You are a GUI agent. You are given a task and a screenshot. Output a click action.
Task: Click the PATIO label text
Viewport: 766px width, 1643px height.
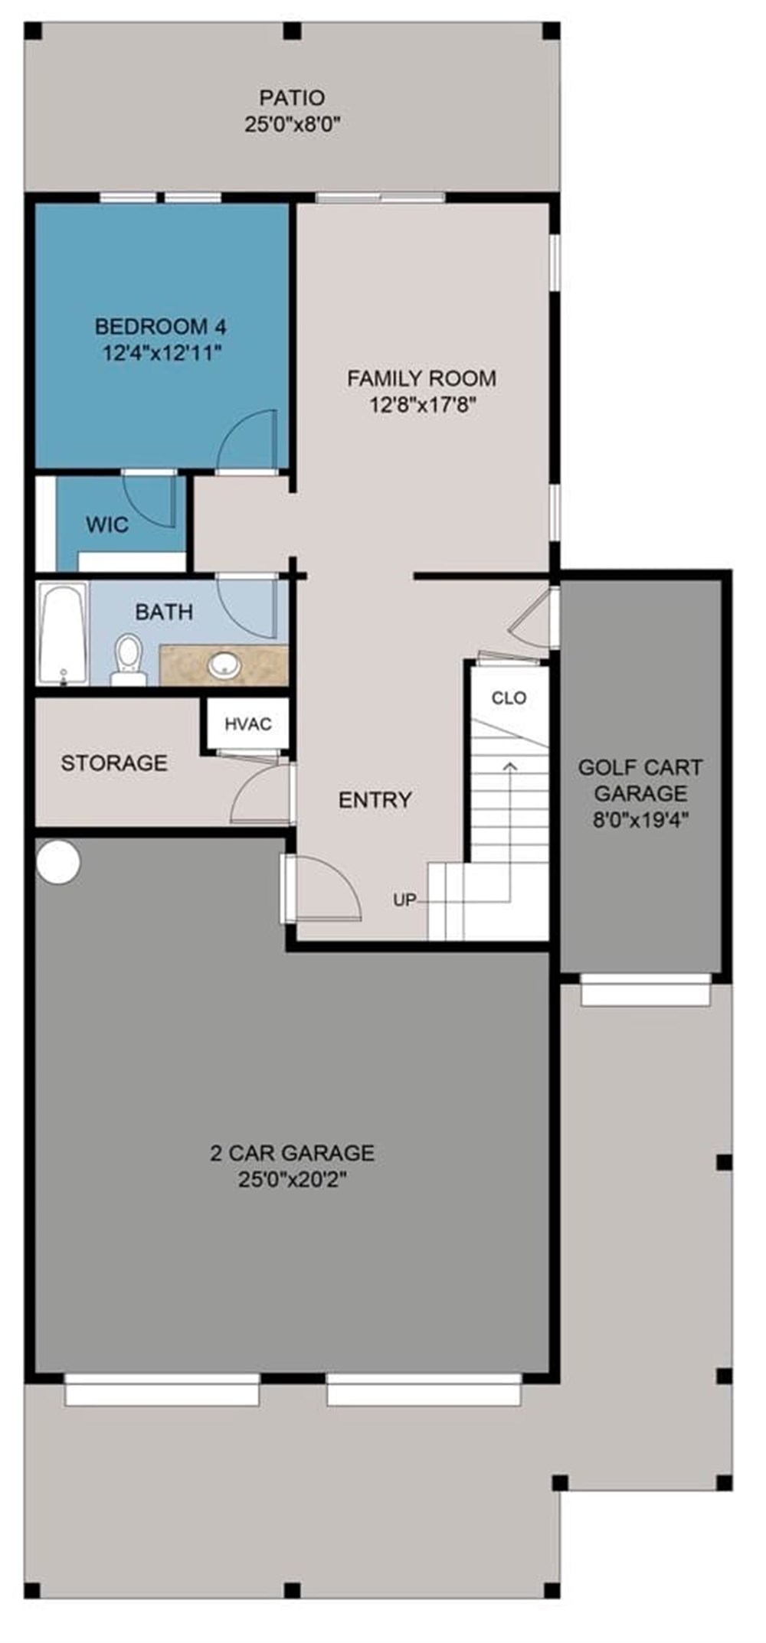coord(291,98)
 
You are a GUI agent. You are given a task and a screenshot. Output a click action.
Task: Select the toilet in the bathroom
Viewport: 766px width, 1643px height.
coord(128,657)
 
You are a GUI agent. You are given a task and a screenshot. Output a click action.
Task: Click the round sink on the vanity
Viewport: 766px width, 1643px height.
coord(224,665)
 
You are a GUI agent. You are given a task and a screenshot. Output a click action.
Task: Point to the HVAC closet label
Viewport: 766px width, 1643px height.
coord(247,724)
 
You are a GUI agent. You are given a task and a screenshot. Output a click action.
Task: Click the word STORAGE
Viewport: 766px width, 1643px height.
coord(114,763)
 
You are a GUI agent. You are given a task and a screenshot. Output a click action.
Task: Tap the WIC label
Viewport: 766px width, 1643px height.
coord(106,525)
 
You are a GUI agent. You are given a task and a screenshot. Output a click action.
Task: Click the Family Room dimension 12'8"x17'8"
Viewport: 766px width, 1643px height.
coord(423,405)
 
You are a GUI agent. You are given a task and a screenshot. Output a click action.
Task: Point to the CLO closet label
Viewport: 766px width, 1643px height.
coord(509,697)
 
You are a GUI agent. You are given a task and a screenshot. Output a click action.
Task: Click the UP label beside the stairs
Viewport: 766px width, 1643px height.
coord(404,900)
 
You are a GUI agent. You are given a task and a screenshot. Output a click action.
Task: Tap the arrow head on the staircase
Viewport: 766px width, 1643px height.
coord(510,763)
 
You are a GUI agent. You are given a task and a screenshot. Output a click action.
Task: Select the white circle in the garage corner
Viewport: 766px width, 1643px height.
coord(58,862)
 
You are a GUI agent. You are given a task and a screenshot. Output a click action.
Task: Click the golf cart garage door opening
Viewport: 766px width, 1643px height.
coord(645,993)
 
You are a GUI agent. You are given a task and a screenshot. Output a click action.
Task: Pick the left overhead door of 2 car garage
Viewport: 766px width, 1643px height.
coord(162,1390)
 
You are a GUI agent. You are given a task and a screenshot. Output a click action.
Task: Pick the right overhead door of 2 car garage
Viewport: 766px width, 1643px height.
coord(424,1390)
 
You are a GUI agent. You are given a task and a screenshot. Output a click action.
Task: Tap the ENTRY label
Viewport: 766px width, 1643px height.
coord(375,800)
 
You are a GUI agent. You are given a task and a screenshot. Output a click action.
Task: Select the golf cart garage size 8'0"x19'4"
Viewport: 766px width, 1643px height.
coord(640,820)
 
